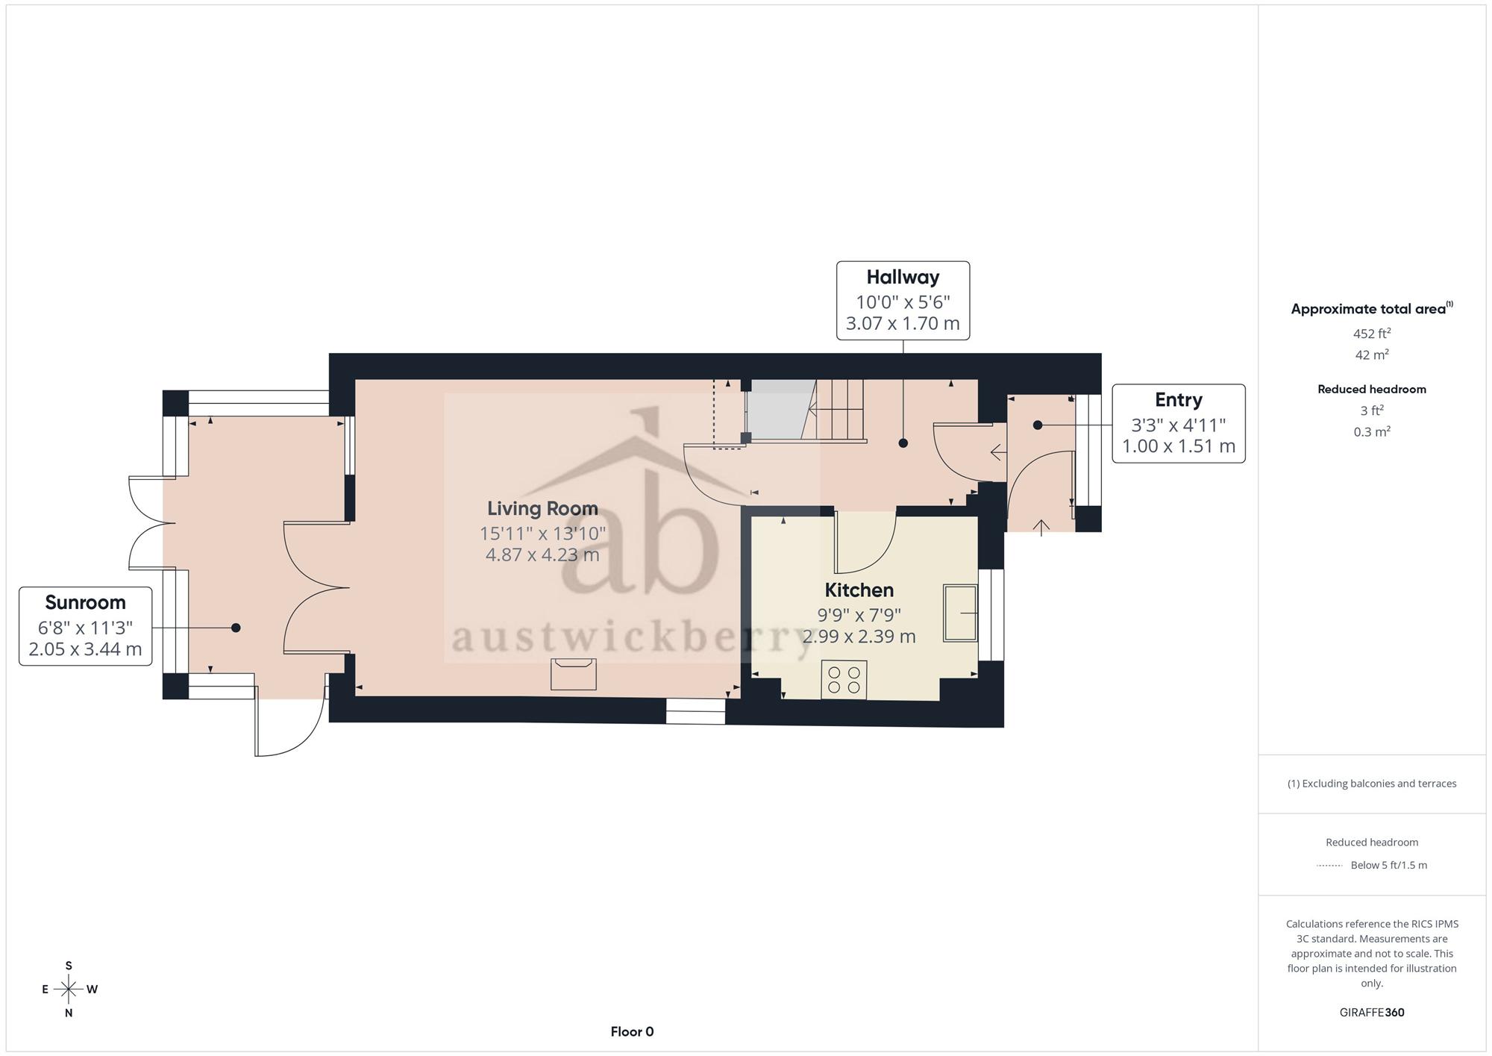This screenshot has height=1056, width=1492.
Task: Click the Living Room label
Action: coord(542,508)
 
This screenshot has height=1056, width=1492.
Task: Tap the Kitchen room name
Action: coord(859,590)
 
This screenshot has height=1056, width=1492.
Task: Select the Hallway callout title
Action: coord(903,277)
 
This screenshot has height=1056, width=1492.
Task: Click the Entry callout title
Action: coord(1179,400)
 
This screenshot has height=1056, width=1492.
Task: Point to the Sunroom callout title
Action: coord(85,602)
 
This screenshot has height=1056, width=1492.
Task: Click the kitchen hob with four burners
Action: coord(844,680)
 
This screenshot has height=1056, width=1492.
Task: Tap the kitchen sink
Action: coord(960,613)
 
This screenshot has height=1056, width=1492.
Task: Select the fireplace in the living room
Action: coord(573,674)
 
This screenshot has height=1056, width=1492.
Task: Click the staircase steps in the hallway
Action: coord(840,410)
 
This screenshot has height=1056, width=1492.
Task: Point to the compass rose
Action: coord(69,990)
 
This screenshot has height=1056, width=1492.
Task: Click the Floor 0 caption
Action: coord(632,1031)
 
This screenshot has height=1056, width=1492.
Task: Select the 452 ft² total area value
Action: coord(1372,333)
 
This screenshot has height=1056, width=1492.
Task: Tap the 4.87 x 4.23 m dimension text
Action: coord(542,554)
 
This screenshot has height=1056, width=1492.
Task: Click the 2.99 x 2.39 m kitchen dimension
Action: coord(859,636)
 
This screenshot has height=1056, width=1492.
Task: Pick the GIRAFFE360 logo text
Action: coord(1372,1012)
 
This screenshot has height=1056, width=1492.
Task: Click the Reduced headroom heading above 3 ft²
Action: coord(1372,389)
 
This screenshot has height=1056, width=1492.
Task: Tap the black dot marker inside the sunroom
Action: coord(236,628)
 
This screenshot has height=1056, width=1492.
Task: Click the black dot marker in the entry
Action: coord(1037,425)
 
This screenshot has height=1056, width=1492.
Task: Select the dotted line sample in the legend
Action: coord(1329,866)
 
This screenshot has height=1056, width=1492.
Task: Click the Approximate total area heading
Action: coord(1372,308)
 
